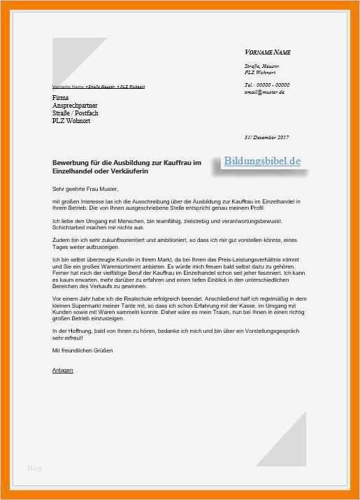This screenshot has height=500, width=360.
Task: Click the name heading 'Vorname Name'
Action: pyautogui.click(x=268, y=52)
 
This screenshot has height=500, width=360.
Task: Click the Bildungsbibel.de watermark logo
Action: pyautogui.click(x=263, y=161)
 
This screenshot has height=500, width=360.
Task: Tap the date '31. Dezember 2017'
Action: pyautogui.click(x=266, y=137)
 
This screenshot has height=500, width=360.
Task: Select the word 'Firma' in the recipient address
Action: pyautogui.click(x=61, y=97)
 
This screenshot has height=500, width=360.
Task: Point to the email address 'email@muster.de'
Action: pyautogui.click(x=265, y=92)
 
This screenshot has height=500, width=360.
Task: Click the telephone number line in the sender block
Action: pyautogui.click(x=266, y=85)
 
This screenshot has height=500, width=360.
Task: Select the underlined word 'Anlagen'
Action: pyautogui.click(x=62, y=370)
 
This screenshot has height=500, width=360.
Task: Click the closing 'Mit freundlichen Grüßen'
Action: pyautogui.click(x=82, y=350)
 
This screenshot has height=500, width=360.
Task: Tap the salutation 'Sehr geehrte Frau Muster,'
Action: pyautogui.click(x=85, y=189)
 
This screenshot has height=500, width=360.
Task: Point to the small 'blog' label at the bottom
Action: pyautogui.click(x=34, y=468)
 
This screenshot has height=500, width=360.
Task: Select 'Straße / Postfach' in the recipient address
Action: pyautogui.click(x=75, y=113)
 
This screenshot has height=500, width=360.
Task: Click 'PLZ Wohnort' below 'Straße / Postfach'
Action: pyautogui.click(x=71, y=121)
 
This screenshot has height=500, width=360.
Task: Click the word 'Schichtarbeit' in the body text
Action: pyautogui.click(x=69, y=227)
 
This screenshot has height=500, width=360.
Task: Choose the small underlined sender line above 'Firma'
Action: pyautogui.click(x=99, y=87)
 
